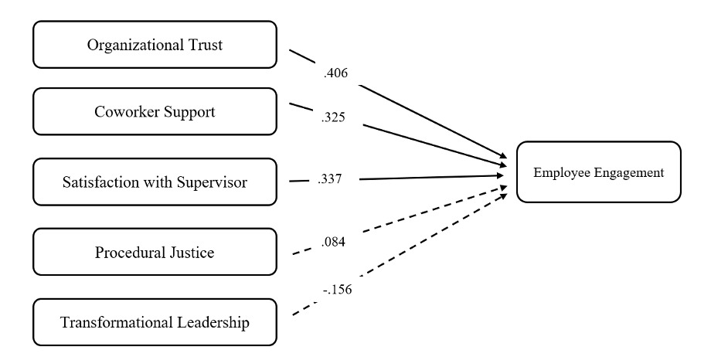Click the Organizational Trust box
(155, 45)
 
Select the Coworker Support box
(155, 111)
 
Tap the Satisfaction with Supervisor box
(155, 182)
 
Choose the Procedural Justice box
(155, 252)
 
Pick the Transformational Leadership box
(155, 322)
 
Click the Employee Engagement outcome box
(598, 172)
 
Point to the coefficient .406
(337, 75)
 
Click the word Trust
(204, 45)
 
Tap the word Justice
(192, 253)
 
